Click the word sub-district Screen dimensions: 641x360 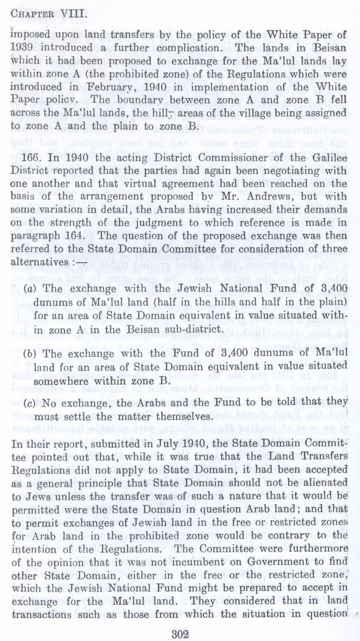click(x=197, y=329)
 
